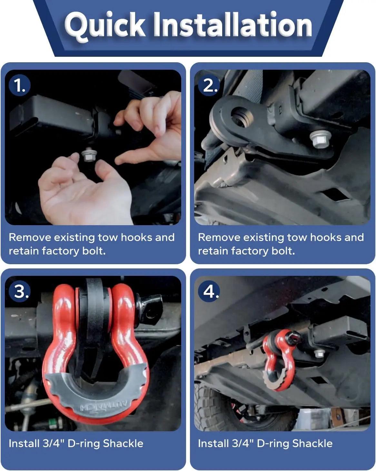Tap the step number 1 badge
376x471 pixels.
pos(20,86)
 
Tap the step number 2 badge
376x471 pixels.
pos(210,86)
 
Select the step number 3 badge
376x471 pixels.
pos(20,291)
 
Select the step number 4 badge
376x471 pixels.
pos(210,291)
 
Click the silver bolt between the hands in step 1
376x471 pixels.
pos(87,155)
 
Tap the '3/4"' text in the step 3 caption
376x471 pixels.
pos(54,444)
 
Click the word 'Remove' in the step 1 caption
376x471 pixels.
pos(30,237)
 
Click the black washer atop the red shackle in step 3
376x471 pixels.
pos(94,297)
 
